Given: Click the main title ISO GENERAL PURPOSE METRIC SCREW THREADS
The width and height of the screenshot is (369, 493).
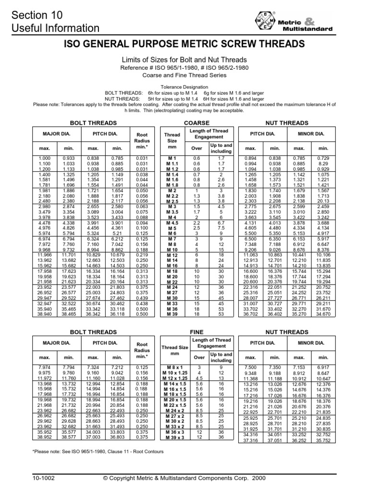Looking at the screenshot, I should (184, 44).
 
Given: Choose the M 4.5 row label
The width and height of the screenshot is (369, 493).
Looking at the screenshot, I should (172, 222).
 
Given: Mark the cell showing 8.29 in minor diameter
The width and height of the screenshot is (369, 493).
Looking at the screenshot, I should (323, 164).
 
